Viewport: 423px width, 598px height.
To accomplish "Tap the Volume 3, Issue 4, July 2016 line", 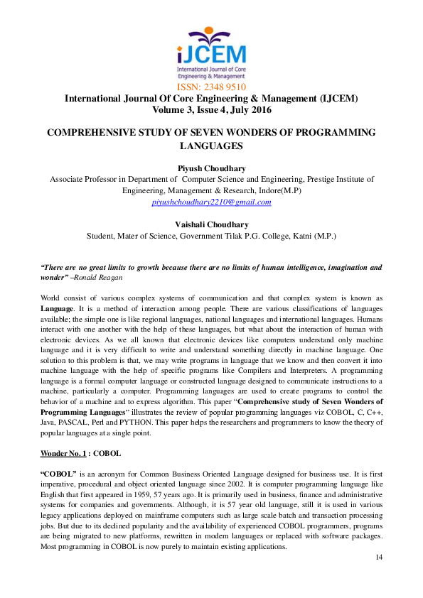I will tap(211, 110).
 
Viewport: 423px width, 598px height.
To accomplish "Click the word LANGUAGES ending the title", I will tap(211, 146).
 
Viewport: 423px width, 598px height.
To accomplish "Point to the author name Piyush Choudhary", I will tap(211, 168).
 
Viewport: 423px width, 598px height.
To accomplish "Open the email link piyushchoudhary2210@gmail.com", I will tap(211, 202).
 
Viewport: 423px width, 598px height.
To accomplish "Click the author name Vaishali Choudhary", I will tap(211, 224).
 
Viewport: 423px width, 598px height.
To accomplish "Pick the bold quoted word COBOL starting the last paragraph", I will tap(59, 472).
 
